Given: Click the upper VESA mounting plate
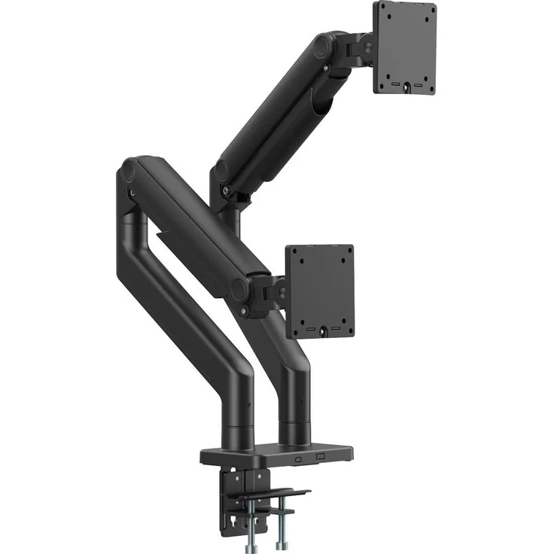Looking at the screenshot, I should (x=404, y=47).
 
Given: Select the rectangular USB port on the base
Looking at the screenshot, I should (x=319, y=458).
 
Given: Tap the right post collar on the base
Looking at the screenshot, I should (x=295, y=433).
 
